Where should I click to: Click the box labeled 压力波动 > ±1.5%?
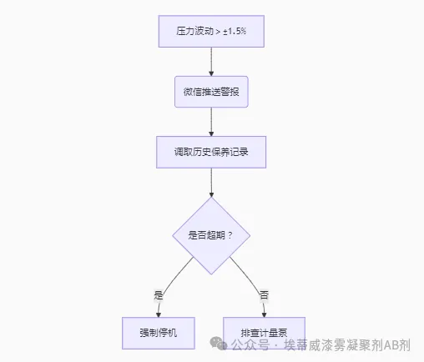click(211, 31)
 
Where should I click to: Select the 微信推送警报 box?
click(211, 91)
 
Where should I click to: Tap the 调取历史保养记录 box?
click(211, 153)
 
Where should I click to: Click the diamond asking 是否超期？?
click(211, 235)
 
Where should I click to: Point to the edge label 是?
click(159, 294)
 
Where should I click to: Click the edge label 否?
click(264, 294)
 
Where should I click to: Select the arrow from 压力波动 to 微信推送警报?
click(211, 61)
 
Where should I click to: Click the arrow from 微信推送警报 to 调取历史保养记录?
click(211, 122)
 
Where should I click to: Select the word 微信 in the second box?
click(192, 91)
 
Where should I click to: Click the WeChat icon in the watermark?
click(219, 344)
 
